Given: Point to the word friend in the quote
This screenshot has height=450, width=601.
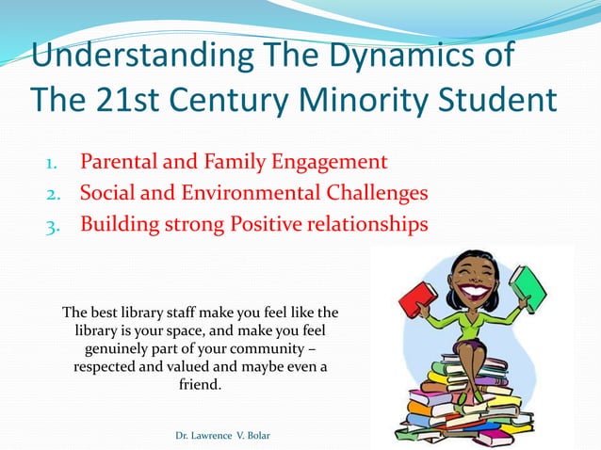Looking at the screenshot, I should [200, 384].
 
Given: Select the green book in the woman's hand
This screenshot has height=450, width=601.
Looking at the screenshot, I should [528, 287].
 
